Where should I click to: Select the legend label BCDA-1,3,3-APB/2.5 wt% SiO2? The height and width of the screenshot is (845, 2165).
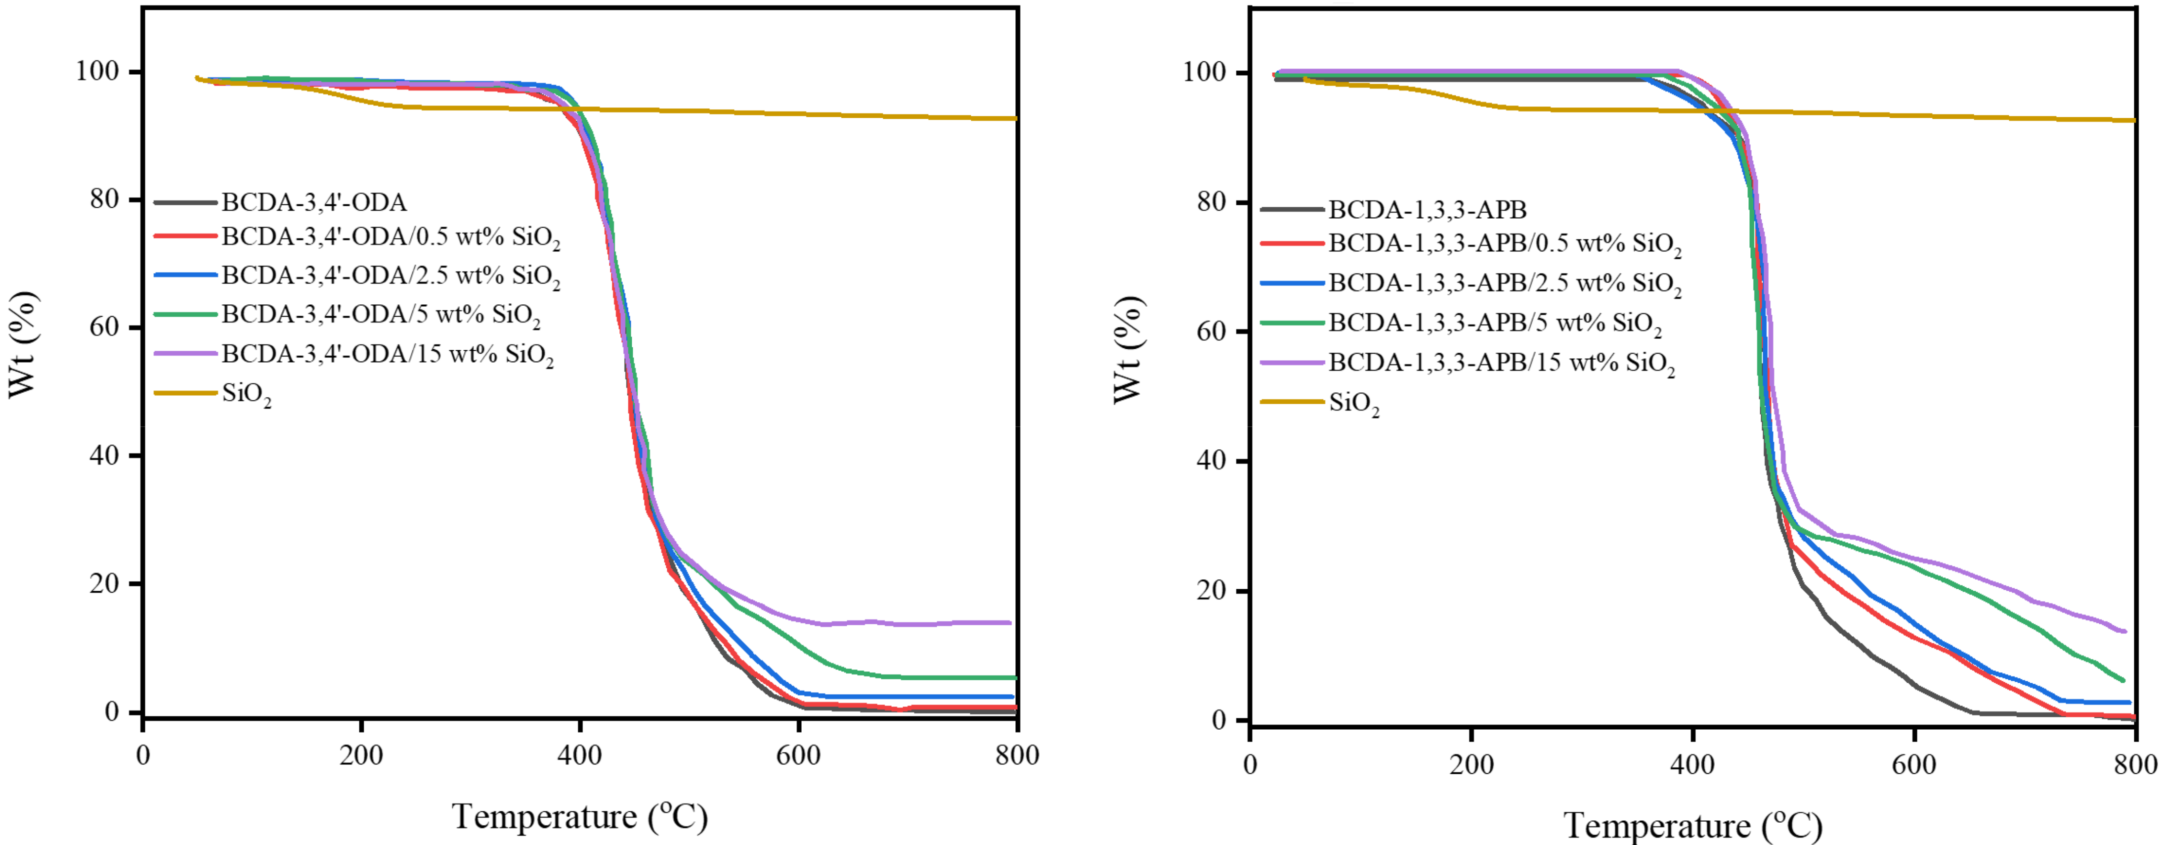coord(1505,283)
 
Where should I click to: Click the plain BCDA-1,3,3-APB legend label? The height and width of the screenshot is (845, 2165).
coord(1427,209)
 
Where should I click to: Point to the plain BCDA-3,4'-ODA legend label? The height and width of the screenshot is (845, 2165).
coord(313,203)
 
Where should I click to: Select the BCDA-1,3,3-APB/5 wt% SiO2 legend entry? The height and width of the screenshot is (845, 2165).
coord(1494,323)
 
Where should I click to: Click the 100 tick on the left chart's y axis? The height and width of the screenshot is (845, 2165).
coord(97,71)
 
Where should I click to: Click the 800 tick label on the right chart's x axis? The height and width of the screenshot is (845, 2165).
coord(2135,765)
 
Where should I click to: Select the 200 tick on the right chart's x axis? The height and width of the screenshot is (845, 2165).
coord(1472,765)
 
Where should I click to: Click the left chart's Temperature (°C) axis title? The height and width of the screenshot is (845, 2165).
coord(580,816)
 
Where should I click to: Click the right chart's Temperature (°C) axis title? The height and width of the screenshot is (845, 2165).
coord(1692,826)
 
